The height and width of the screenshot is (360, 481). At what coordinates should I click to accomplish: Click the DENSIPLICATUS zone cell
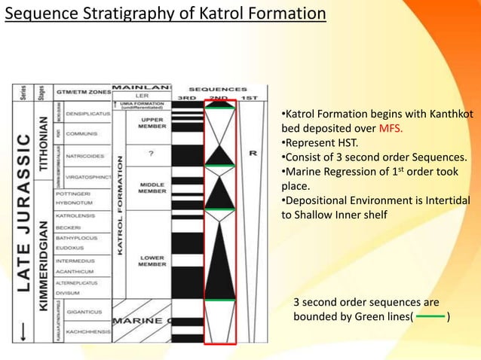(88, 114)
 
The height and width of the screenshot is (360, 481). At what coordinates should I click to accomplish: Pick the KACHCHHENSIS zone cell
(87, 331)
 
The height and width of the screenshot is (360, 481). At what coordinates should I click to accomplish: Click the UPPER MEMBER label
(152, 124)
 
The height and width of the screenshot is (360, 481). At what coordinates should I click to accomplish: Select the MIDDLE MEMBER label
(152, 188)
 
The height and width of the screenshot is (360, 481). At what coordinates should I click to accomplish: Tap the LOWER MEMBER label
(152, 261)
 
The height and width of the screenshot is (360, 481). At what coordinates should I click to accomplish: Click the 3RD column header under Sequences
(187, 97)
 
